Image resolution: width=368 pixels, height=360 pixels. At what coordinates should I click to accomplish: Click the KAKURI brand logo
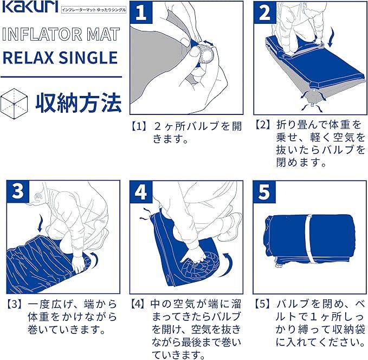coord(30,7)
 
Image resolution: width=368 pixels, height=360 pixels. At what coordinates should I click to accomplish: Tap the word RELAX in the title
coord(28,58)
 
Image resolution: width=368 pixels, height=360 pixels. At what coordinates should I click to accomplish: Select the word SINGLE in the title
coord(88,58)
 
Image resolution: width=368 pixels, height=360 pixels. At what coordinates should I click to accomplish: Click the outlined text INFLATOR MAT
coord(61,34)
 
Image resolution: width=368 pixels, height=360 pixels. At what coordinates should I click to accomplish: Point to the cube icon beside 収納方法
coord(14,104)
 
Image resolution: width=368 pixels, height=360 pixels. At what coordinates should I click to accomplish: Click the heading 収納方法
coord(79,103)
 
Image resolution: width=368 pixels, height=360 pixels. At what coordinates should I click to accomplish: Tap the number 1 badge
coord(141,12)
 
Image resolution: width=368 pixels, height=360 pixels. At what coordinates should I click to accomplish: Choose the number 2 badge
coord(264,12)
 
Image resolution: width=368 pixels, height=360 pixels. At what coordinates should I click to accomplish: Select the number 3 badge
coord(18,191)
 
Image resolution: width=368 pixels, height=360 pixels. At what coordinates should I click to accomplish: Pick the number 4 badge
coord(141,191)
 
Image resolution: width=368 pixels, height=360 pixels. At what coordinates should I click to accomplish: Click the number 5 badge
coord(264,191)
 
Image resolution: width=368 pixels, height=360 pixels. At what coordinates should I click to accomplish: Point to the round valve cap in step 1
coord(206,54)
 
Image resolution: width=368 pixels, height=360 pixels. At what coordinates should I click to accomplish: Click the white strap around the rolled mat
coord(310,239)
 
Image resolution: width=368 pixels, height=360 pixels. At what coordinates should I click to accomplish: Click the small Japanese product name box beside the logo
coord(94,10)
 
